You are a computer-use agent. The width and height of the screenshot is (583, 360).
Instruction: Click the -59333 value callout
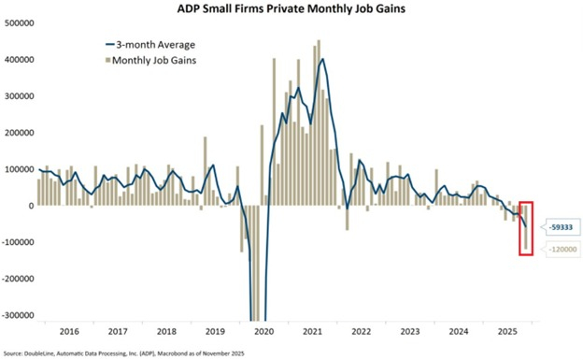pos(559,225)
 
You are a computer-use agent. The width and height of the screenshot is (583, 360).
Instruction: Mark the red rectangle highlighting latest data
pos(526,227)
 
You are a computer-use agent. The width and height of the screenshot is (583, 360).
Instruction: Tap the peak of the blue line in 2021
pos(322,60)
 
